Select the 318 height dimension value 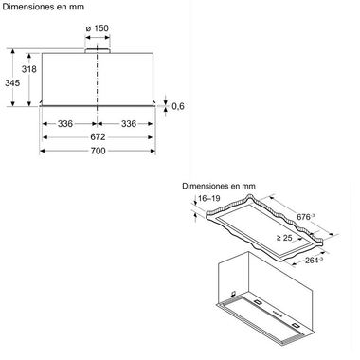point(29,69)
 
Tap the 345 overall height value point(11,82)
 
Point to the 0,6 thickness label point(177,105)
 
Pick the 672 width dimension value point(98,137)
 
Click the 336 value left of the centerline point(65,122)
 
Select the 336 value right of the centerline point(129,122)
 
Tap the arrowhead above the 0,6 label point(167,98)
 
